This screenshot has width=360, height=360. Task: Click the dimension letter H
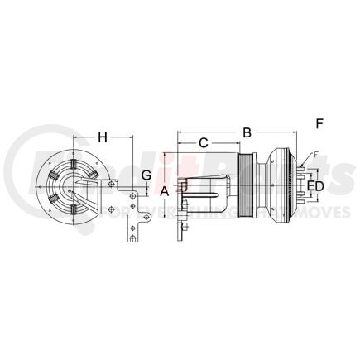point(103,136)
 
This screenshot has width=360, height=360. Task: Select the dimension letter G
point(146,175)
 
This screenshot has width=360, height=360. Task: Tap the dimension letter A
point(164,190)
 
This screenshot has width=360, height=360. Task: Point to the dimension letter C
point(203,143)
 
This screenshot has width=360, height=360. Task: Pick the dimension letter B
point(246,132)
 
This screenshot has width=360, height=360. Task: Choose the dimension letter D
point(319,186)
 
